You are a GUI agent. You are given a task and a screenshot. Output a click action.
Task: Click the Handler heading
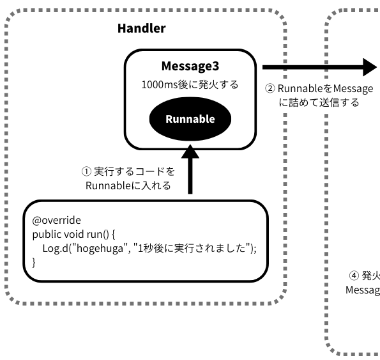[x=142, y=28]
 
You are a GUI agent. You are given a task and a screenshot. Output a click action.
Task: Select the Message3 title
[x=190, y=67]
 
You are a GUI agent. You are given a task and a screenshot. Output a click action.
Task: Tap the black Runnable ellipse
[x=190, y=119]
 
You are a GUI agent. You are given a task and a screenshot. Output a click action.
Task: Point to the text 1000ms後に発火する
[x=190, y=84]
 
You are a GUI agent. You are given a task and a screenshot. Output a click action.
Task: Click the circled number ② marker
[x=270, y=89]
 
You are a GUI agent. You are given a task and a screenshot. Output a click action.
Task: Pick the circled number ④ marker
[x=354, y=276]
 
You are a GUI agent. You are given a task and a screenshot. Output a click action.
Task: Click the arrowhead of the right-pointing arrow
[x=371, y=67]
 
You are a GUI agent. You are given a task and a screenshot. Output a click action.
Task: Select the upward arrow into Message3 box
[x=190, y=169]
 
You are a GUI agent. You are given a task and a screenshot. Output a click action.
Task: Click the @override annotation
[x=57, y=220]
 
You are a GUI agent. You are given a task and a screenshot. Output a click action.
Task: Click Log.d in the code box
[x=57, y=248]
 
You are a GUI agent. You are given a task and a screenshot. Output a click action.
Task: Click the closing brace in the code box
[x=34, y=262]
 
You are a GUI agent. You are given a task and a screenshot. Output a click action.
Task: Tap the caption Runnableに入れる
[x=128, y=186]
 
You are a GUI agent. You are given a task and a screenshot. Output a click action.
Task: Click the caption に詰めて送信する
[x=319, y=102]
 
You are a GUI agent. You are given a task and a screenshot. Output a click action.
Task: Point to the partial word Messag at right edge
[x=363, y=290]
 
